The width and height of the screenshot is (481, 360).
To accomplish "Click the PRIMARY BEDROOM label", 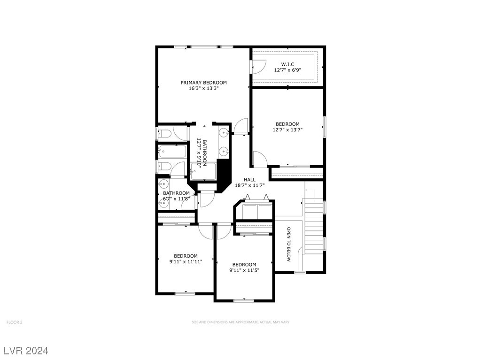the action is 203,83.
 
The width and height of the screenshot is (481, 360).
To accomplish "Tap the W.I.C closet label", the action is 287,64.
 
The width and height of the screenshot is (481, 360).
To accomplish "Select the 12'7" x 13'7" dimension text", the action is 287,130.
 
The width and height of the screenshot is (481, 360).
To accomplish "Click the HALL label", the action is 249,180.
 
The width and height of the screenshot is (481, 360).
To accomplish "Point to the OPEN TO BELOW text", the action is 289,244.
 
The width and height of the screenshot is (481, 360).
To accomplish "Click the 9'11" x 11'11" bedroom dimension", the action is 186,261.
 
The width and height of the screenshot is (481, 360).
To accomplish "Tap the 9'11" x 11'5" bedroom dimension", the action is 244,270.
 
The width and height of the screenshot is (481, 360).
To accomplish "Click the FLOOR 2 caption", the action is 15,322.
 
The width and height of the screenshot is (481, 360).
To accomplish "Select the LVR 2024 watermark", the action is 26,351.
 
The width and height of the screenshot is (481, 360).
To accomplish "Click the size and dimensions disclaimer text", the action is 240,322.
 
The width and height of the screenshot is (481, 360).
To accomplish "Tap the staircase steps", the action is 313,226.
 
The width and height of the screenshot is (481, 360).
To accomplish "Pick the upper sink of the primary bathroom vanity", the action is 224,133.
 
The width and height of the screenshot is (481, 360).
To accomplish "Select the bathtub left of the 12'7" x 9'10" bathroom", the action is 172,152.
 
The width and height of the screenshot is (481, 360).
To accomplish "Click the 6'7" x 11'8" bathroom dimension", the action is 177,199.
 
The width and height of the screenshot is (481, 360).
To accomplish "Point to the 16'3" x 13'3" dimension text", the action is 203,88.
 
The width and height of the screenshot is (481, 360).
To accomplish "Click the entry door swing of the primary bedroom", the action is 241,126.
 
